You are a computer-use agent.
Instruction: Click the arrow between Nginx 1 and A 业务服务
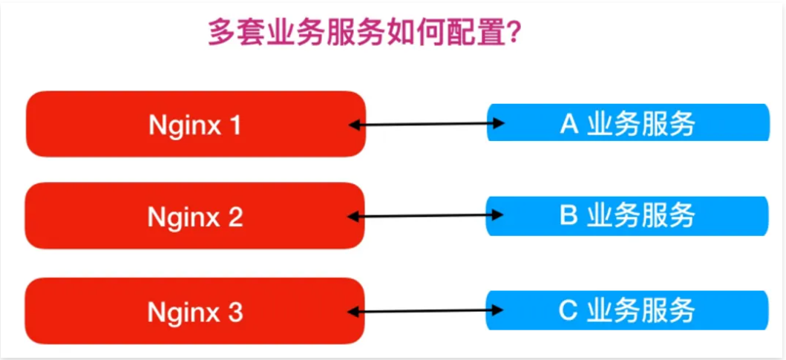(x=427, y=124)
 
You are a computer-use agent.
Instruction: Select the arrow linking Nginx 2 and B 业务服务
(x=427, y=216)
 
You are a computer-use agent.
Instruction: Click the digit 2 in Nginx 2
(x=235, y=217)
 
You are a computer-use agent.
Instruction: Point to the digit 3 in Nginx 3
(x=235, y=311)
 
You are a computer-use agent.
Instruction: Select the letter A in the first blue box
(x=569, y=124)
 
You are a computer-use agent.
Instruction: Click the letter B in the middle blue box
(x=569, y=216)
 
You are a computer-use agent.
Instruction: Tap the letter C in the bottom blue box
(x=569, y=310)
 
